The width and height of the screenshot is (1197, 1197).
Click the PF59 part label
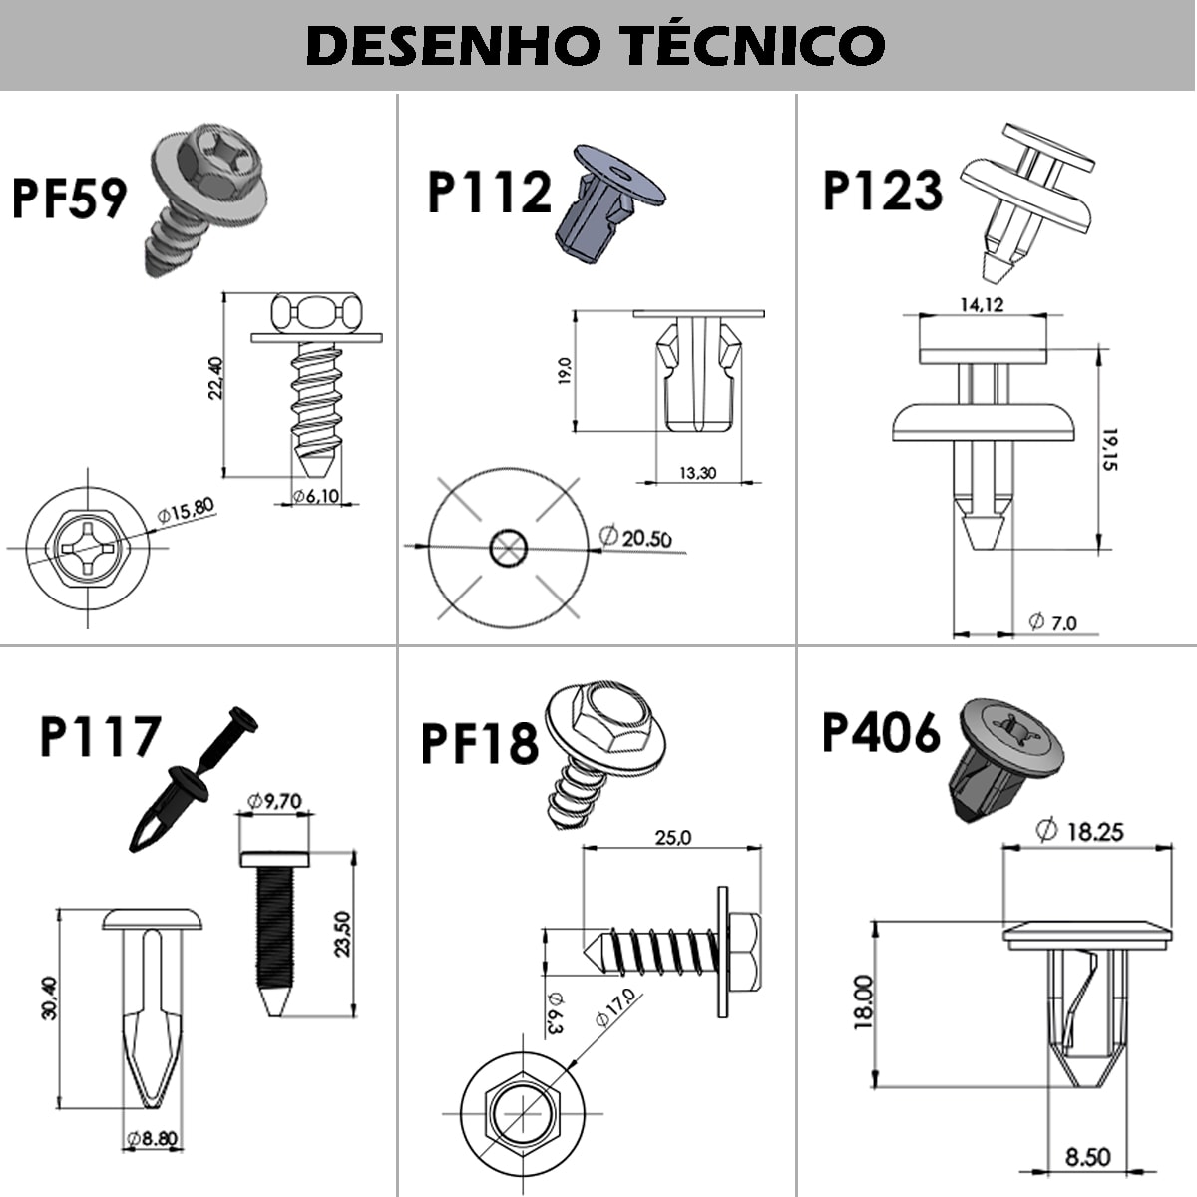coord(69,197)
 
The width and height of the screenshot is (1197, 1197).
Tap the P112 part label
coord(489,193)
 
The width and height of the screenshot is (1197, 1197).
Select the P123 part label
coord(882,190)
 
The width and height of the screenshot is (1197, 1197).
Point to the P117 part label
coord(100,737)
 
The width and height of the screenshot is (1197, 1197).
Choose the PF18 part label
coord(480,743)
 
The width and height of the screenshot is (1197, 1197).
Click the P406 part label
coord(880,733)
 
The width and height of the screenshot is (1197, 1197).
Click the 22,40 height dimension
coord(214,379)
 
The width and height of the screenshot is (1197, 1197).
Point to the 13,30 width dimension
coord(697,473)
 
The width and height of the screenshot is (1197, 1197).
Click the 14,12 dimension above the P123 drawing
coord(982,305)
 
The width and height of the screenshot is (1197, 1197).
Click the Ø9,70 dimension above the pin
coord(273,800)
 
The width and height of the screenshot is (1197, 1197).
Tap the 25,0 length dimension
coord(672,838)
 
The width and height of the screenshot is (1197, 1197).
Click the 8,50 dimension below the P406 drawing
coord(1087,1158)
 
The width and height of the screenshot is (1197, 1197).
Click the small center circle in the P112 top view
coord(509,547)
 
